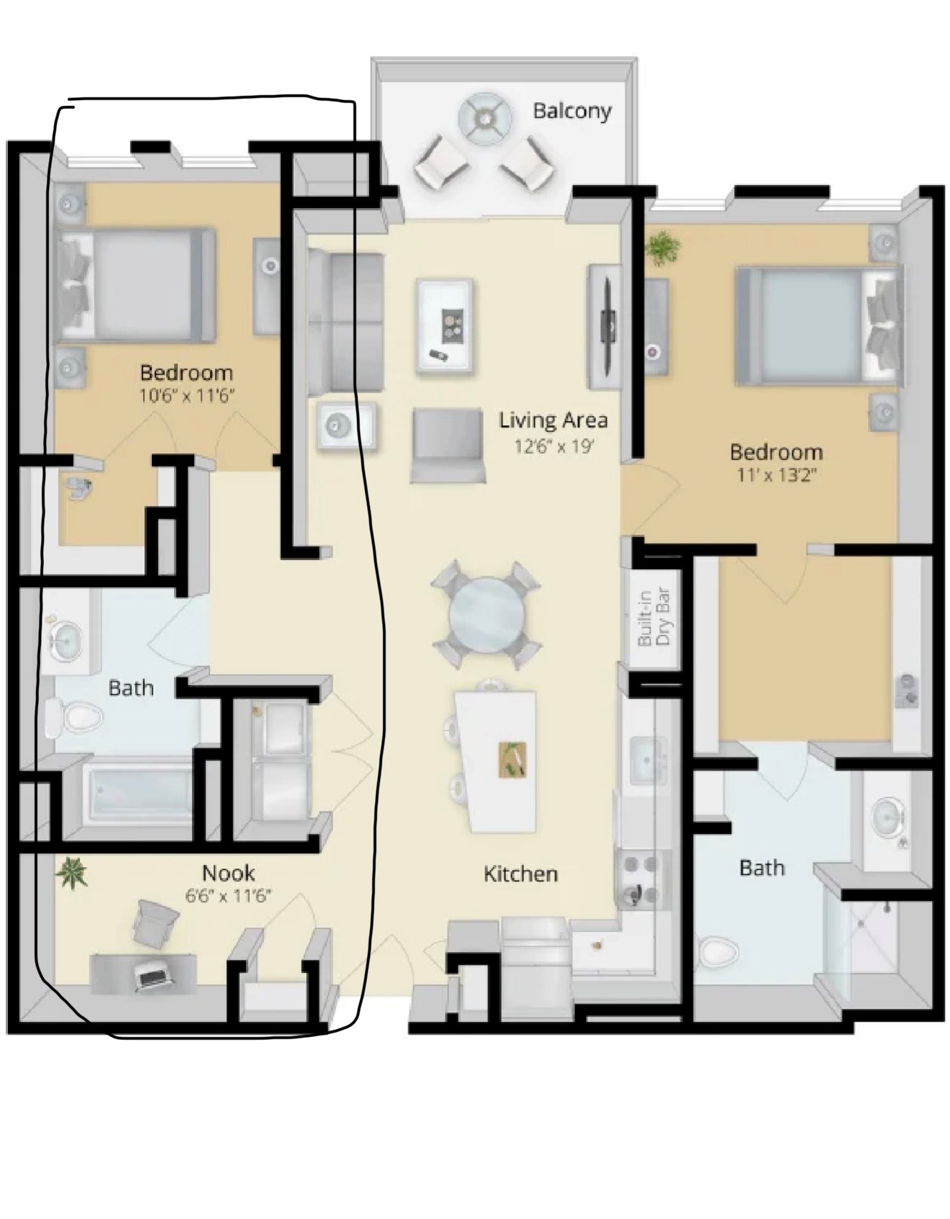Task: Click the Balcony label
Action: click(x=572, y=112)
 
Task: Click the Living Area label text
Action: click(x=553, y=420)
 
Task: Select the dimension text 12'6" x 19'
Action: click(x=553, y=447)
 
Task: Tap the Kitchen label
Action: click(x=520, y=874)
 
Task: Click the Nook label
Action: click(x=228, y=873)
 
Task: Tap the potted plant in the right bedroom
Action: click(x=661, y=249)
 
